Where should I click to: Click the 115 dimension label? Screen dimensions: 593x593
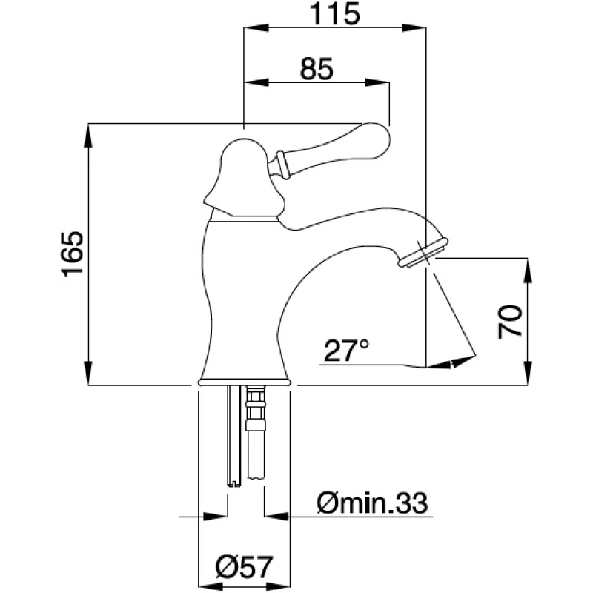[x=335, y=14]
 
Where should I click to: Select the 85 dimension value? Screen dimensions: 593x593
[x=317, y=69]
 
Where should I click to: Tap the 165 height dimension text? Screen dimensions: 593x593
[x=72, y=254]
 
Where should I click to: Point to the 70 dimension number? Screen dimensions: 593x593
[x=510, y=321]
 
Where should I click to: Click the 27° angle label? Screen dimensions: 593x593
[x=346, y=351]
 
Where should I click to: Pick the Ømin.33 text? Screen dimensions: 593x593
[x=372, y=503]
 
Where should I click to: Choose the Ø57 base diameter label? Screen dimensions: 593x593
[x=244, y=567]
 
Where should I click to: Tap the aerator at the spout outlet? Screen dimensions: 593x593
[x=423, y=253]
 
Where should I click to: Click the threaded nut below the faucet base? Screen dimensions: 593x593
[x=256, y=408]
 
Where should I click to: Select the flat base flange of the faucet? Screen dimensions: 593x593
[x=245, y=381]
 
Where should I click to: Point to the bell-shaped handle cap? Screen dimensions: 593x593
[x=244, y=179]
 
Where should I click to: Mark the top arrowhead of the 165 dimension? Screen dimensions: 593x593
[x=87, y=136]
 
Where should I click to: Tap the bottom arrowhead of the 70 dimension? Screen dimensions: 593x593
[x=528, y=373]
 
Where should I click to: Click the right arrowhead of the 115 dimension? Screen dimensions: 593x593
[x=414, y=27]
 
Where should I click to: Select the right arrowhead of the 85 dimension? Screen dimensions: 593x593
[x=377, y=82]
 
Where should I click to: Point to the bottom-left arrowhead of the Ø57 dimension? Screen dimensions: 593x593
[x=211, y=586]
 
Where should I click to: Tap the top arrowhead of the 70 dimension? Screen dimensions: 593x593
[x=528, y=271]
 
